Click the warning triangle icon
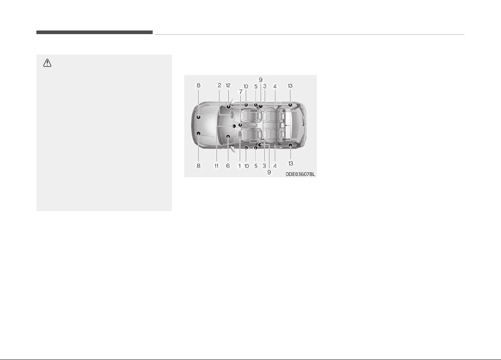point(47,63)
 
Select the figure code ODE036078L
point(300,174)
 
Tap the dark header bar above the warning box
point(94,33)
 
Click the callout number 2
point(220,85)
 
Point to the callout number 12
point(228,85)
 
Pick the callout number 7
point(240,92)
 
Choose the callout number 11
point(216,166)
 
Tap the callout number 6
point(228,166)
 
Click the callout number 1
point(240,166)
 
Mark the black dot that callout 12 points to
point(228,107)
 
